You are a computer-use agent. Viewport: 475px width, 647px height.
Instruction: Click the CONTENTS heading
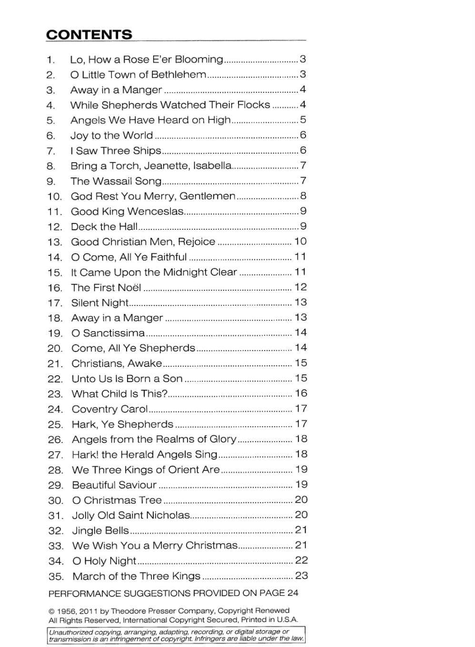89,35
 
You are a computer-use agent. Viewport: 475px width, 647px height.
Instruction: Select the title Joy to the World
112,136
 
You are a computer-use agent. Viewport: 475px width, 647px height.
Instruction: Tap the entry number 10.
54,196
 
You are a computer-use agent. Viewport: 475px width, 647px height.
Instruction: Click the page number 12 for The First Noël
301,287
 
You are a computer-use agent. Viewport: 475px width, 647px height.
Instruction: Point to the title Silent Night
100,303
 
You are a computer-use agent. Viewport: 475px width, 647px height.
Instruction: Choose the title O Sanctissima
108,333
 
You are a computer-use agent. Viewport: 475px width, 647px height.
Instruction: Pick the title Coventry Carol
110,409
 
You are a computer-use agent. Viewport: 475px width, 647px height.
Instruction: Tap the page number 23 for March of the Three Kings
301,576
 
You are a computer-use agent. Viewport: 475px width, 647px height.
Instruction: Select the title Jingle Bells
100,530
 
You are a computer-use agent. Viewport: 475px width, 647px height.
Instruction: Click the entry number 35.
56,577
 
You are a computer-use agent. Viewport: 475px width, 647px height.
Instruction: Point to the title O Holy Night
104,561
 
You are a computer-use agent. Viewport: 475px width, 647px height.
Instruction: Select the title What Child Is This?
119,394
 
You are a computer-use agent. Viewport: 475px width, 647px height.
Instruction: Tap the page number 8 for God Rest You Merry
303,196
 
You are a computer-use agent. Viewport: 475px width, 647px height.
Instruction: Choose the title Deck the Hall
104,227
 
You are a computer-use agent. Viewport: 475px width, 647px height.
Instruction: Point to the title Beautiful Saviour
114,485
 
